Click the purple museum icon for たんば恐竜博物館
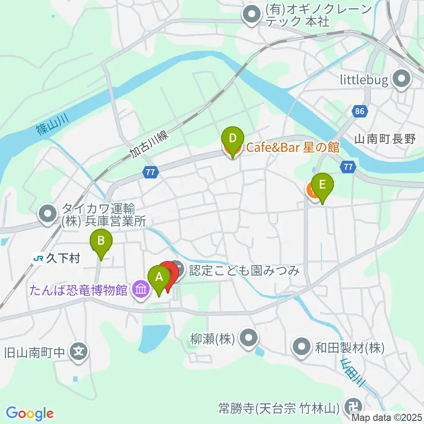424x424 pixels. tap(141, 290)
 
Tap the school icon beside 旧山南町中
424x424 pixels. tap(79, 352)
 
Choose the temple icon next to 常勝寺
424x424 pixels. tap(354, 405)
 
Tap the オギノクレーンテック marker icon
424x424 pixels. tap(252, 15)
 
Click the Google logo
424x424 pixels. tap(30, 413)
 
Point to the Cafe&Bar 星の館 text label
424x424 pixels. tap(293, 147)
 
